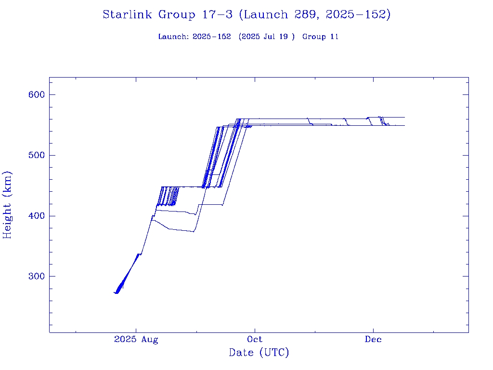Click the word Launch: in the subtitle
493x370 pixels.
click(173, 37)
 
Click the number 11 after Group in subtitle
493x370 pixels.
click(334, 37)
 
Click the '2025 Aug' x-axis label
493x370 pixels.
click(136, 340)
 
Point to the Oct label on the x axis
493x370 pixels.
click(255, 340)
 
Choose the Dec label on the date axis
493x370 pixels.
click(373, 340)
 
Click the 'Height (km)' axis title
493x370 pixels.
click(7, 205)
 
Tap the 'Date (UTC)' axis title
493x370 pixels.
click(259, 353)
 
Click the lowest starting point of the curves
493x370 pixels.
click(116, 293)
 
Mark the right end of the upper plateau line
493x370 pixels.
click(404, 117)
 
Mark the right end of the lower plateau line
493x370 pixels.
click(404, 125)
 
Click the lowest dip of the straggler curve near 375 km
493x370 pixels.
click(194, 232)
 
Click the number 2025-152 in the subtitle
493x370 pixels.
click(211, 37)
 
